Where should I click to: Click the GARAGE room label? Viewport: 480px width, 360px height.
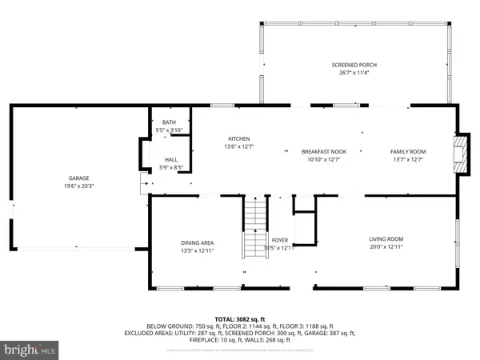coord(78,178)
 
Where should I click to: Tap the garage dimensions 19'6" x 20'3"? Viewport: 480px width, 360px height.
coord(78,186)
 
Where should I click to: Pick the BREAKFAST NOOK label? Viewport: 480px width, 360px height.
coord(323,151)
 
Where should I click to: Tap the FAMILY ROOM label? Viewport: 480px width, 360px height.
coord(407,151)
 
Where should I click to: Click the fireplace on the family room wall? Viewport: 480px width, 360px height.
coord(458,150)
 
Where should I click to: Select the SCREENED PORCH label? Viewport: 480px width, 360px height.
coord(354,65)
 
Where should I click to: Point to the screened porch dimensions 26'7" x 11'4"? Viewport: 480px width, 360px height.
coord(354,73)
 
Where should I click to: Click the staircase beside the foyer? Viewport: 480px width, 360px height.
coord(254,226)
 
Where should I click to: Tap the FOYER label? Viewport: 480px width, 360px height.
coord(280,239)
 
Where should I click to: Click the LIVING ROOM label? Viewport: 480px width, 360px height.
coord(386,239)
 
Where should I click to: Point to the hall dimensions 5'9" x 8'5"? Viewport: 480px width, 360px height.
coord(170,167)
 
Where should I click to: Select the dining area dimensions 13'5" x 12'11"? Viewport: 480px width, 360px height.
coord(196,250)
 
